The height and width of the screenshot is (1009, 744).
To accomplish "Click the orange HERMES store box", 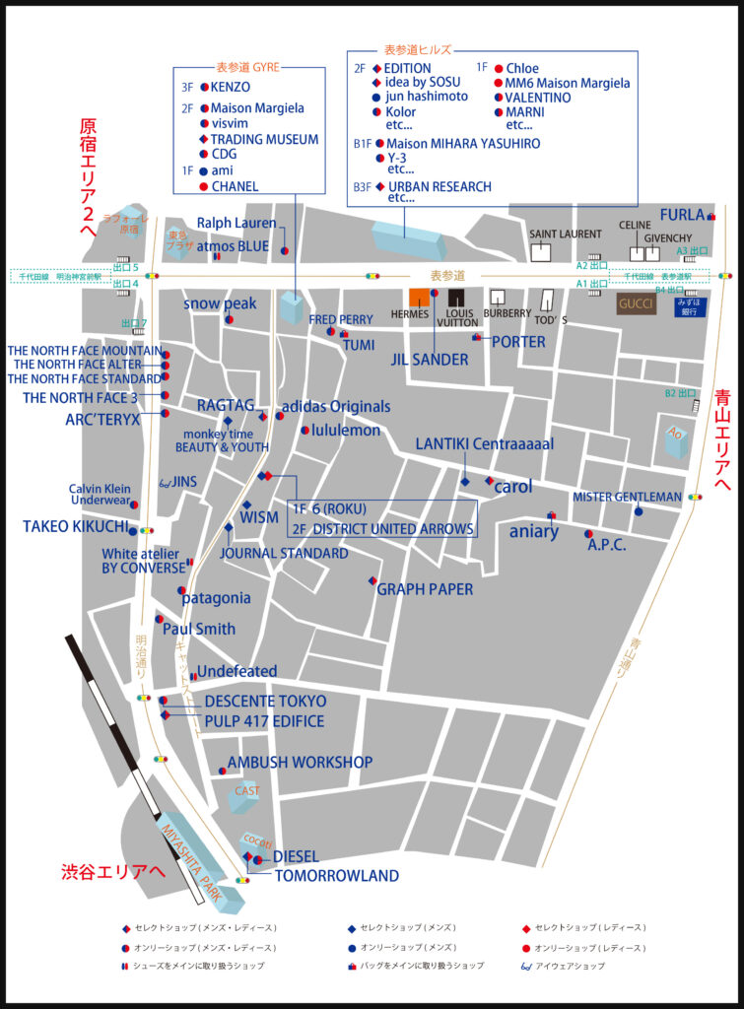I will click(420, 298).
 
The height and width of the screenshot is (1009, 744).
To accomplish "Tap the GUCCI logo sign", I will click(637, 304).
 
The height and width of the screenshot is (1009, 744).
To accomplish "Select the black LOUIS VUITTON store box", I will click(455, 298).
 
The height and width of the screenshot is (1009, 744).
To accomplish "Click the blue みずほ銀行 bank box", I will click(691, 307).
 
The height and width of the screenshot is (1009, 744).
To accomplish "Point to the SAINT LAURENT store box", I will click(541, 252).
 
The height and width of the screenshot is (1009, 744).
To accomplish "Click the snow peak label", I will click(219, 303).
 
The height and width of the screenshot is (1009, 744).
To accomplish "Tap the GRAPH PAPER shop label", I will click(425, 589).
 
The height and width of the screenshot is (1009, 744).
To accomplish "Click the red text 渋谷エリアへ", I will click(113, 872).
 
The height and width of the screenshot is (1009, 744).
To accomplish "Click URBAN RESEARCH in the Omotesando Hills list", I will click(440, 186).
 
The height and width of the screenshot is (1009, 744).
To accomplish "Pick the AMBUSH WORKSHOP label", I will click(300, 763).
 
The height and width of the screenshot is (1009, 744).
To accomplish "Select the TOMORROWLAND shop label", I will click(336, 875).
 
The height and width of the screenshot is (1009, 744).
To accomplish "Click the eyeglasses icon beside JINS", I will click(165, 482).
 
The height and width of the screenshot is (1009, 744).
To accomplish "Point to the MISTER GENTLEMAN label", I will click(627, 497).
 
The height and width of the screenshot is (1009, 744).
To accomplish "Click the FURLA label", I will click(682, 214).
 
